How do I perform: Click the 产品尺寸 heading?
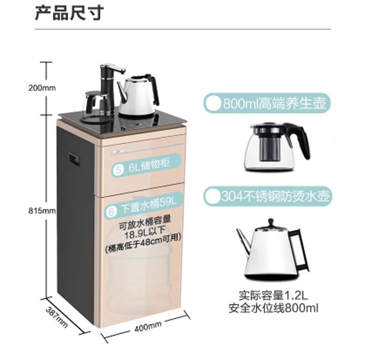click(69, 13)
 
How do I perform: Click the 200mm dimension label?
click(42, 88)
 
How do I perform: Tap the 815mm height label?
click(42, 211)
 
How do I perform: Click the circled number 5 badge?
click(118, 170)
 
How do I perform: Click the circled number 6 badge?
click(111, 211)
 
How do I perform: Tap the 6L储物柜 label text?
click(149, 164)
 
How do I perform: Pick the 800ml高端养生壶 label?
click(274, 103)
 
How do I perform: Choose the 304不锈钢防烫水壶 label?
click(275, 196)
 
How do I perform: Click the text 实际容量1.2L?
click(273, 295)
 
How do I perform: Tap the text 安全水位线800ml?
click(273, 308)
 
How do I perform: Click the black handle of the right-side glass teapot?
click(302, 140)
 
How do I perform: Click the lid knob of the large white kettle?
click(271, 223)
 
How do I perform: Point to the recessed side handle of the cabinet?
click(74, 160)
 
